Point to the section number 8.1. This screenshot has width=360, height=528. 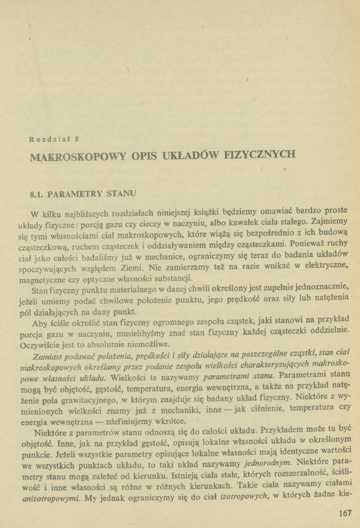(37, 194)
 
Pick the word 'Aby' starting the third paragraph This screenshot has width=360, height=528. (39, 324)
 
